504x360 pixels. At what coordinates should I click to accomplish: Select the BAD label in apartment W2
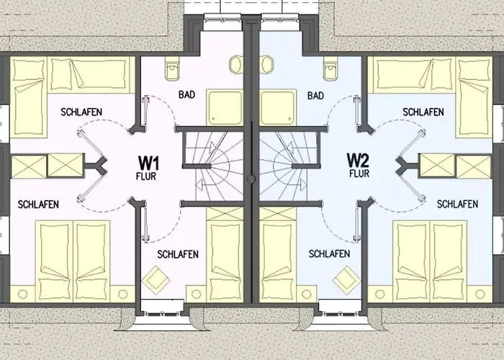pyautogui.click(x=315, y=95)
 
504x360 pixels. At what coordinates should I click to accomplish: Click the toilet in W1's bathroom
pyautogui.click(x=171, y=70)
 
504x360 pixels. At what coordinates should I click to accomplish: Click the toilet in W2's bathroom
pyautogui.click(x=330, y=70)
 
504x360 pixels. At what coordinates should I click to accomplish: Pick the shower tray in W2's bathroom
pyautogui.click(x=277, y=107)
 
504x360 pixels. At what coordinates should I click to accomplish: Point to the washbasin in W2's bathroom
pyautogui.click(x=264, y=64)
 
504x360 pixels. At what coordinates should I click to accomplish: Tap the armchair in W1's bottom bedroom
pyautogui.click(x=155, y=279)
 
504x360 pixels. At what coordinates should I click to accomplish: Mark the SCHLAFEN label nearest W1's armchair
pyautogui.click(x=177, y=254)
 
